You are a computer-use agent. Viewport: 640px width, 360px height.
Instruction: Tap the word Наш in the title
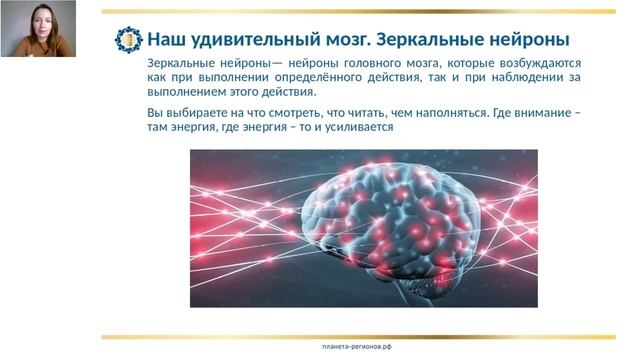164,40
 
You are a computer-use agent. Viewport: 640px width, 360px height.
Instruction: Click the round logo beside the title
129,39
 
